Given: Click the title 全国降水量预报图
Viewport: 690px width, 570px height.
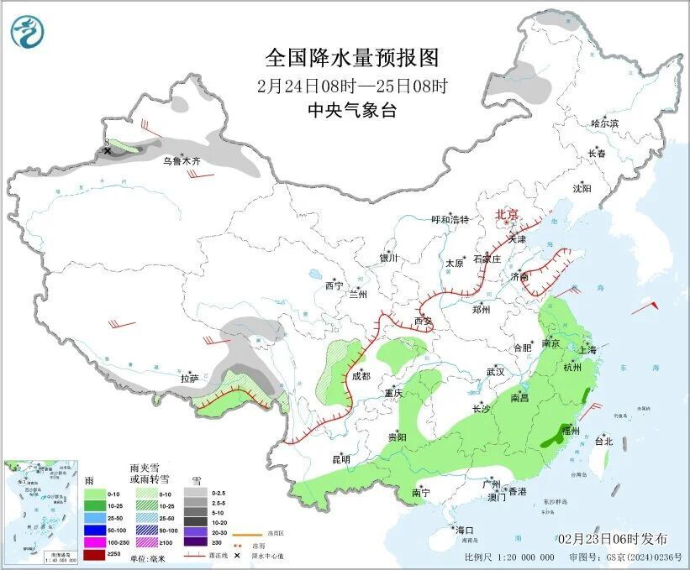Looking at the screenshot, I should click(352, 58).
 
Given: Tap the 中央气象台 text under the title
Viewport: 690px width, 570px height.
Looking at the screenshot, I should click(352, 111).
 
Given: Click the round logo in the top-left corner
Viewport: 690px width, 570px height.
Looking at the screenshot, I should click(27, 31).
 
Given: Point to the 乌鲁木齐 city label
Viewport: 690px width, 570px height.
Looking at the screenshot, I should click(182, 160).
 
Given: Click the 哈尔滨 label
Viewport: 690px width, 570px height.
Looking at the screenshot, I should click(603, 123).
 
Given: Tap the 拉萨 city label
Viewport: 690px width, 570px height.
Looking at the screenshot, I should click(189, 379).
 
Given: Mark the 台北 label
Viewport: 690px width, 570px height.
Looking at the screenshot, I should click(603, 441).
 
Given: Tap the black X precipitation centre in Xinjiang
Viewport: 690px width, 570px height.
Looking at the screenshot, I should click(108, 151).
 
